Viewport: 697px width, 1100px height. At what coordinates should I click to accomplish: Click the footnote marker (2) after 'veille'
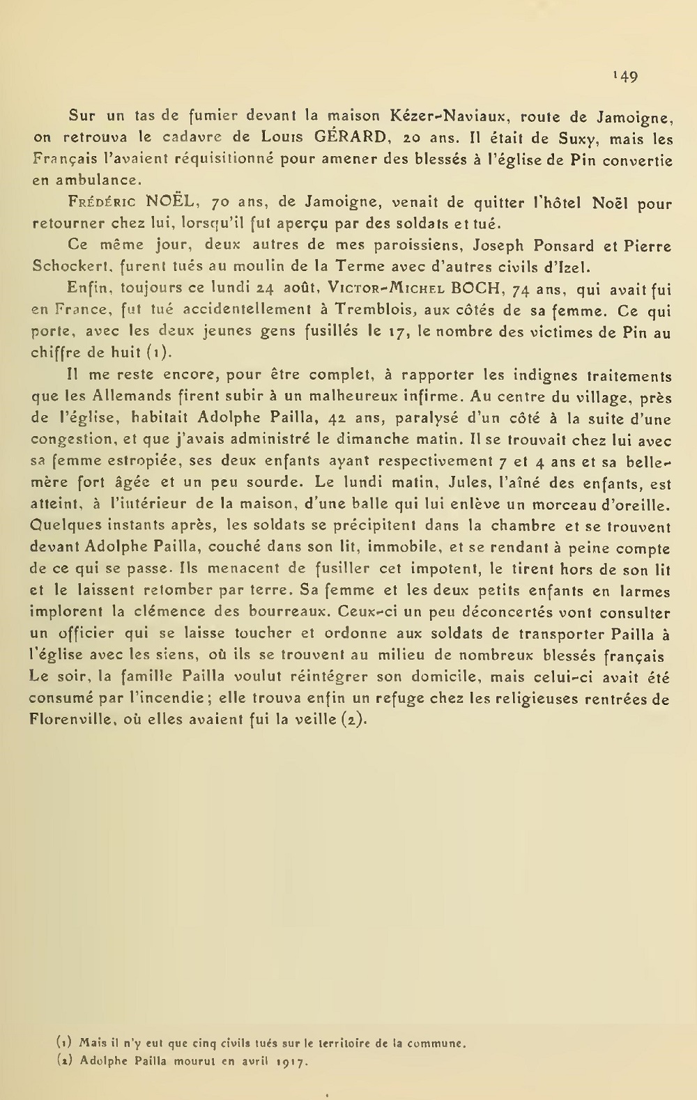pos(351,720)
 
